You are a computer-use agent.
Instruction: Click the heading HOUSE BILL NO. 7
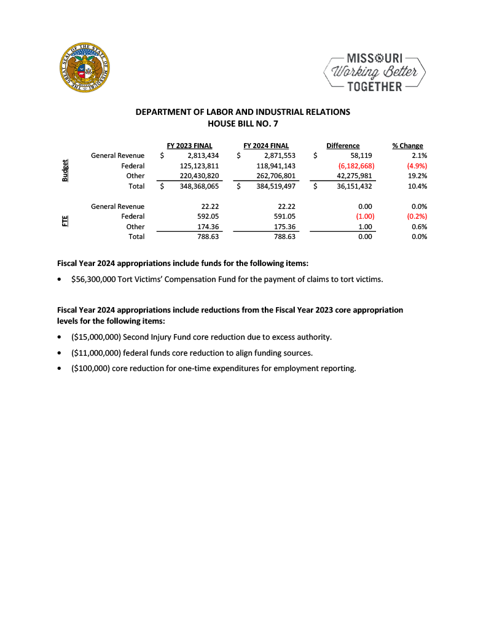[x=243, y=123]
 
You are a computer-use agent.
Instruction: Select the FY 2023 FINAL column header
[x=189, y=146]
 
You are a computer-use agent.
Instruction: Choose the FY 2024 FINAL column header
[x=266, y=146]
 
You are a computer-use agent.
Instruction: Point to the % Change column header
[x=407, y=146]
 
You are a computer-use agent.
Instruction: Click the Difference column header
[x=343, y=146]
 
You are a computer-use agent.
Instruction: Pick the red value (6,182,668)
[x=356, y=166]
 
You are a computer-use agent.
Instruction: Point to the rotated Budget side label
[x=65, y=171]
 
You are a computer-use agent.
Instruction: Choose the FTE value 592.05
[x=209, y=216]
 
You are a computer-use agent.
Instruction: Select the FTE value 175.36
[x=286, y=226]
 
